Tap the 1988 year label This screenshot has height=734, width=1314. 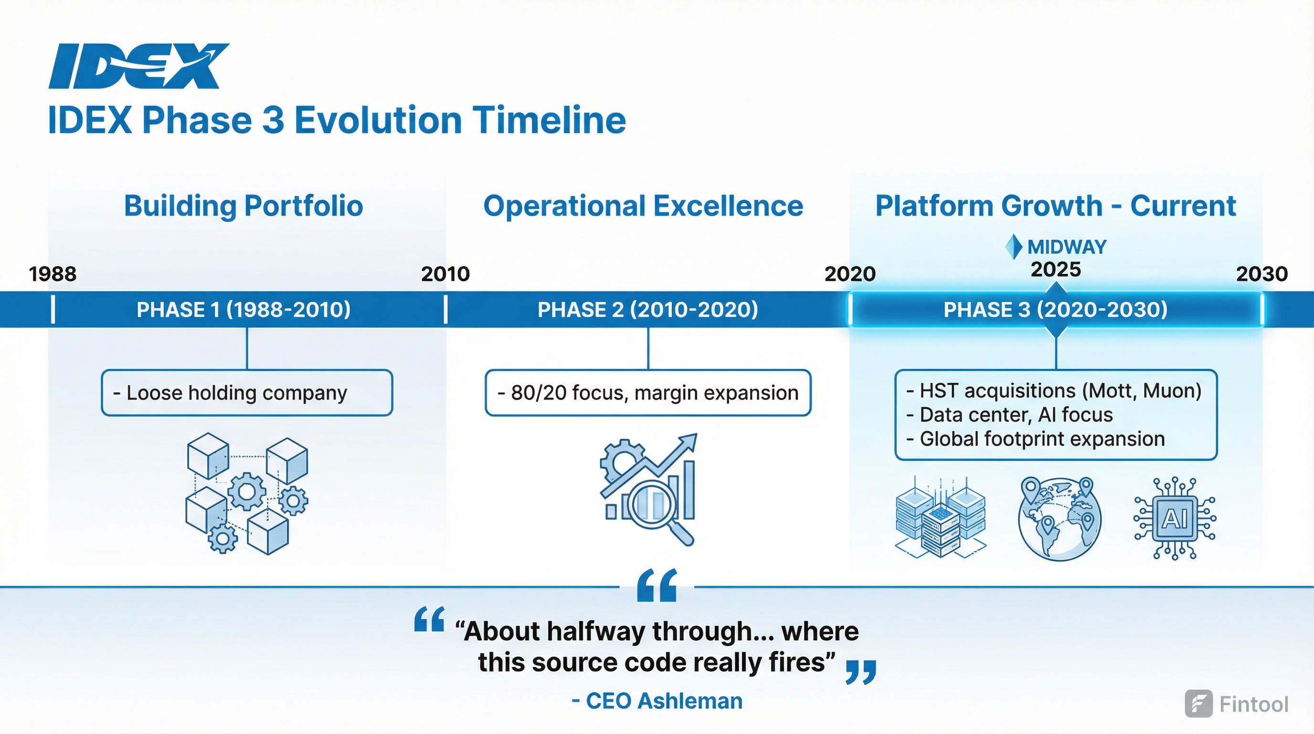tap(53, 274)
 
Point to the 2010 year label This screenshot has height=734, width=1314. tap(445, 274)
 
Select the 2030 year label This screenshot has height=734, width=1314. tap(1261, 274)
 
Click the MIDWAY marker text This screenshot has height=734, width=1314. tap(1066, 247)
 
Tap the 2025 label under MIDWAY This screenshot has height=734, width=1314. tap(1055, 270)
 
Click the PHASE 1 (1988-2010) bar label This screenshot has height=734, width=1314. tap(244, 309)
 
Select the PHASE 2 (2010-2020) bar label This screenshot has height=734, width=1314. tap(648, 309)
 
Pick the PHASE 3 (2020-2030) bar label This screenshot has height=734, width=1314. tap(1055, 309)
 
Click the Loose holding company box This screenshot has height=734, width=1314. tap(247, 392)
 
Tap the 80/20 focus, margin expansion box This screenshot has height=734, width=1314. tap(648, 392)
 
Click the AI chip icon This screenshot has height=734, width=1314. tap(1174, 518)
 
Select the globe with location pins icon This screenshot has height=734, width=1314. tap(1059, 518)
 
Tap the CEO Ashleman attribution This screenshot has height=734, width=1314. tap(657, 701)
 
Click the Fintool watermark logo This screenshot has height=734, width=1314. tap(1237, 704)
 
